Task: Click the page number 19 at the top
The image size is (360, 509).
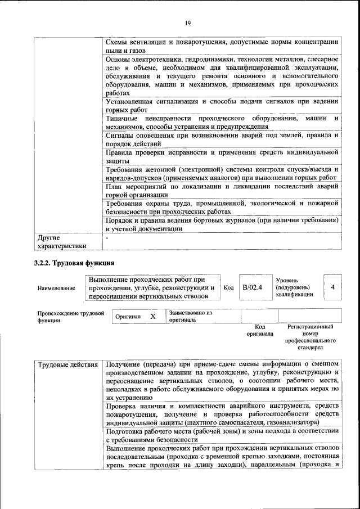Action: pyautogui.click(x=188, y=22)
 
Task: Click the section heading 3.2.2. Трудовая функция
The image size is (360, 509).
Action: pyautogui.click(x=74, y=263)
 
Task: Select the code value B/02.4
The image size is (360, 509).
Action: pyautogui.click(x=253, y=287)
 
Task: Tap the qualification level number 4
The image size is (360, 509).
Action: pyautogui.click(x=333, y=287)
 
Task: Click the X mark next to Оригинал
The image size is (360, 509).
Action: pyautogui.click(x=152, y=317)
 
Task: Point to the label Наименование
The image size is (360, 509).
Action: pyautogui.click(x=56, y=288)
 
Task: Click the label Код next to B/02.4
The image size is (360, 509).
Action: pyautogui.click(x=229, y=287)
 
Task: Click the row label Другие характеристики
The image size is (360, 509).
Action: pyautogui.click(x=62, y=242)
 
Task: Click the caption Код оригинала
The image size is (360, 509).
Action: pyautogui.click(x=260, y=330)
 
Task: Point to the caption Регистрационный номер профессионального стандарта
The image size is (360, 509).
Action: pyautogui.click(x=310, y=337)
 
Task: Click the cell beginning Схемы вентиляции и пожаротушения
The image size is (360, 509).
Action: pyautogui.click(x=222, y=46)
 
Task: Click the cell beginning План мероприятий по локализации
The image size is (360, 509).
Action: pyautogui.click(x=222, y=190)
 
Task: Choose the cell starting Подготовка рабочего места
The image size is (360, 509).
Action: pyautogui.click(x=222, y=435)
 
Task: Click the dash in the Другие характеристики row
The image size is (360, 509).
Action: pyautogui.click(x=107, y=238)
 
